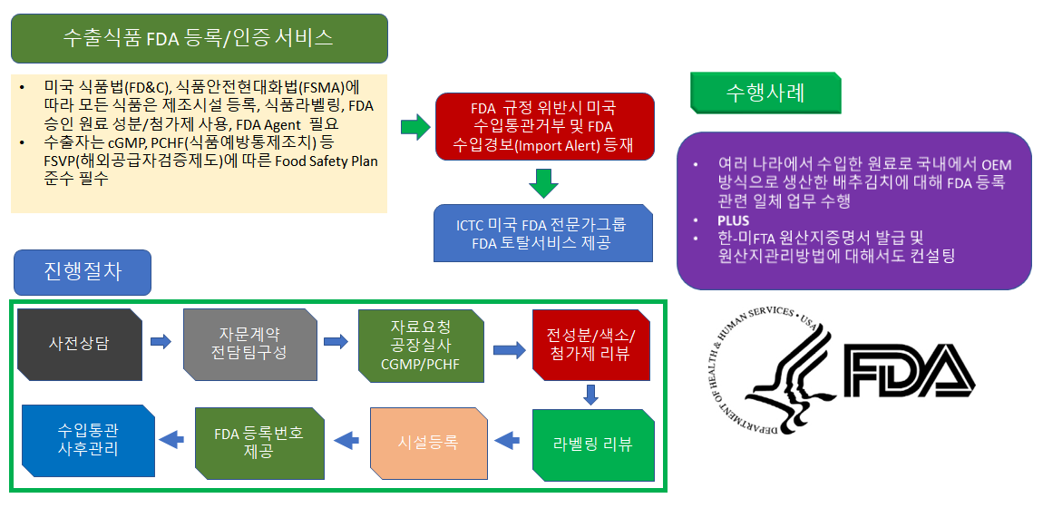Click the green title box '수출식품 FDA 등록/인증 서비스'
click(199, 39)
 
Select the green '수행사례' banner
click(765, 93)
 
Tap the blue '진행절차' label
click(83, 273)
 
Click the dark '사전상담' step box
click(79, 343)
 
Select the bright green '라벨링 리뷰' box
click(592, 444)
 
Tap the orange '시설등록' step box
click(428, 442)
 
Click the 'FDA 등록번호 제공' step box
click(259, 442)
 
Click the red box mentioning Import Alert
click(545, 126)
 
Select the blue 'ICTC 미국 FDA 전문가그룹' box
click(543, 233)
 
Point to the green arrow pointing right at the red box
click(415, 126)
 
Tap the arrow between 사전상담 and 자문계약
click(161, 342)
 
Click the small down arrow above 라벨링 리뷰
click(591, 395)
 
